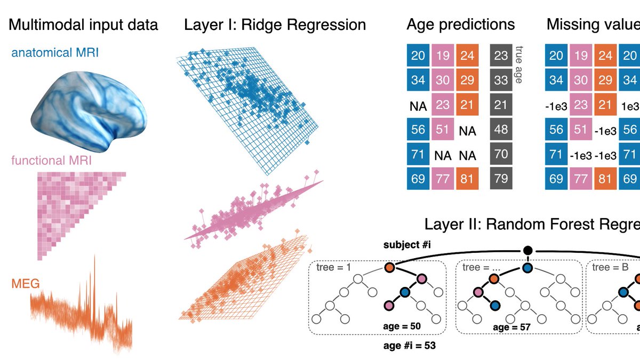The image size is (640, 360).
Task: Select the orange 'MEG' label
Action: pos(25,284)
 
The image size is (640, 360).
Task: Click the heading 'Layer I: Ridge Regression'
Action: pos(275,25)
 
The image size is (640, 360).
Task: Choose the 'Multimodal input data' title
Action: pos(83,25)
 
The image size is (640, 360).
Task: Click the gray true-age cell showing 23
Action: pos(501,55)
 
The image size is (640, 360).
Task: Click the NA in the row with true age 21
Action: pos(418,106)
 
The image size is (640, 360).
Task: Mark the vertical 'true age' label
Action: pos(518,64)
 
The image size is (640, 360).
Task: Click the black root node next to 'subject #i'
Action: pos(527,250)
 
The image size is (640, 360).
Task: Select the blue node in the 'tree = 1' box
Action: pos(404,292)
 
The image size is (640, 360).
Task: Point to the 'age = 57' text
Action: pos(511,327)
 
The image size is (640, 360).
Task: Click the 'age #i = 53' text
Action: pos(410,346)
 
